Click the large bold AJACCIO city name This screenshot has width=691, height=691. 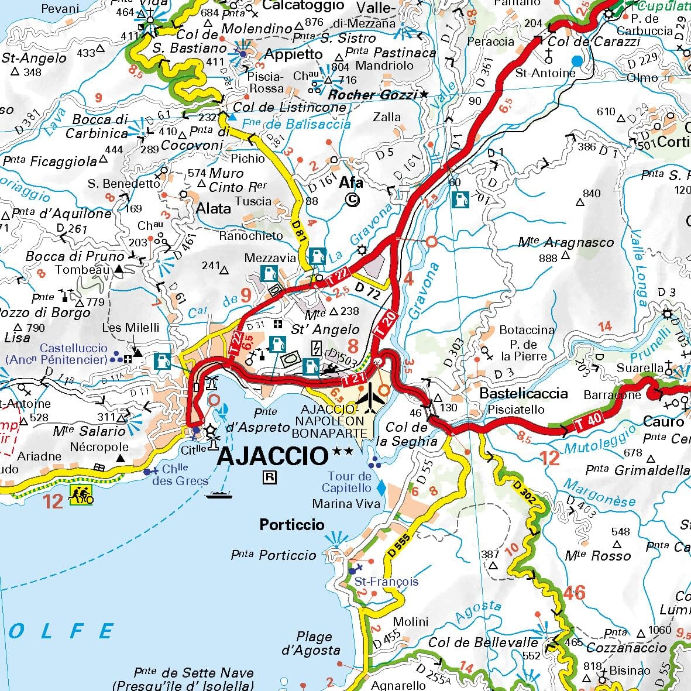pyautogui.click(x=271, y=455)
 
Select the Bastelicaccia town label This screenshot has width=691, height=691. pyautogui.click(x=524, y=393)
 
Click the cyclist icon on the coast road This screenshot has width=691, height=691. pyautogui.click(x=81, y=495)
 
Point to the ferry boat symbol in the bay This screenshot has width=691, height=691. pyautogui.click(x=219, y=495)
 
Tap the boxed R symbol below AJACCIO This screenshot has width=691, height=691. pyautogui.click(x=270, y=477)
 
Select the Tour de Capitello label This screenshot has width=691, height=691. pyautogui.click(x=349, y=482)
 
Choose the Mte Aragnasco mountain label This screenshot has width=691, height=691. pyautogui.click(x=566, y=242)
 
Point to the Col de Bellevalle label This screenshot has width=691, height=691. pyautogui.click(x=483, y=642)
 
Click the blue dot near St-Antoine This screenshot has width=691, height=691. pyautogui.click(x=577, y=60)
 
